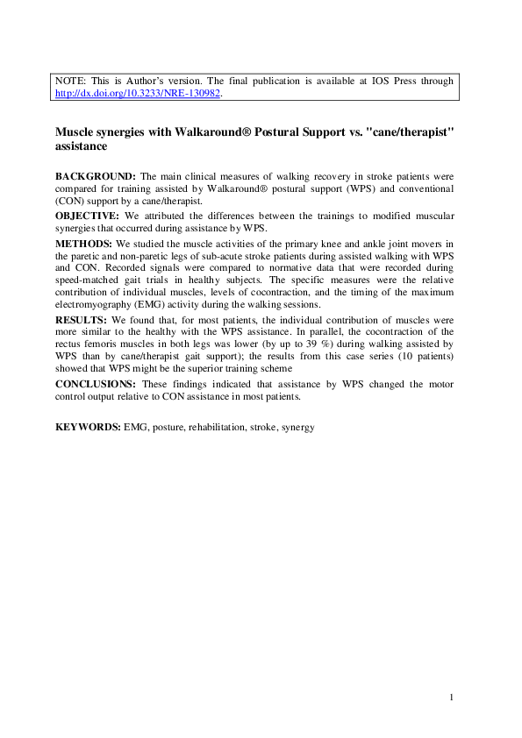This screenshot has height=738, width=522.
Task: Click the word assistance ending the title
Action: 81,147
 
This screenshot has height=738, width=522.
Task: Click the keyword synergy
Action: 297,427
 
